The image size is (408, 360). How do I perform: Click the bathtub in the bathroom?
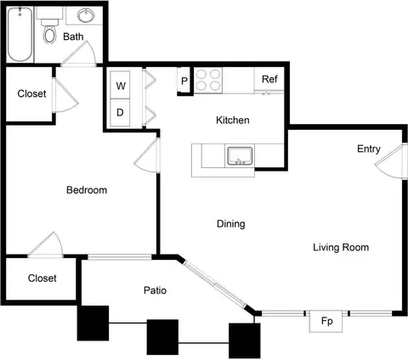point(20,34)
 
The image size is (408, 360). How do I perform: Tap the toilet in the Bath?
point(49,31)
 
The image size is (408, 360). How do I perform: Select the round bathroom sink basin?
point(86,15)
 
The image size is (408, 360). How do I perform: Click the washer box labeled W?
point(120,85)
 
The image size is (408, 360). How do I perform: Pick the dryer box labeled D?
point(120,113)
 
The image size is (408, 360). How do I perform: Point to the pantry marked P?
point(184,81)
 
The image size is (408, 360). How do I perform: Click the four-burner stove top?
point(208,80)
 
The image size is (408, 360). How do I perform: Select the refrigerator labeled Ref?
point(269,79)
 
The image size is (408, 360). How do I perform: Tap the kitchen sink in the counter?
point(240,155)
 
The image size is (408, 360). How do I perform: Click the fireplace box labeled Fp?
point(326,321)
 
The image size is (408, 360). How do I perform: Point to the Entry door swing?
point(389,161)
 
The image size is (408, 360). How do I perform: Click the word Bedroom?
point(87,190)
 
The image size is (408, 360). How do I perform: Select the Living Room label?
point(341,247)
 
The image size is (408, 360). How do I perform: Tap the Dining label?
point(231,224)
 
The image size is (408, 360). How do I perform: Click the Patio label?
point(155,290)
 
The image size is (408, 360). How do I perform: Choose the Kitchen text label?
point(233,121)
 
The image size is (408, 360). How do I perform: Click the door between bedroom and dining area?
point(147,155)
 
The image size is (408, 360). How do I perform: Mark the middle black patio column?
point(162,337)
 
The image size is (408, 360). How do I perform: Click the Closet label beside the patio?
point(42,278)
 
